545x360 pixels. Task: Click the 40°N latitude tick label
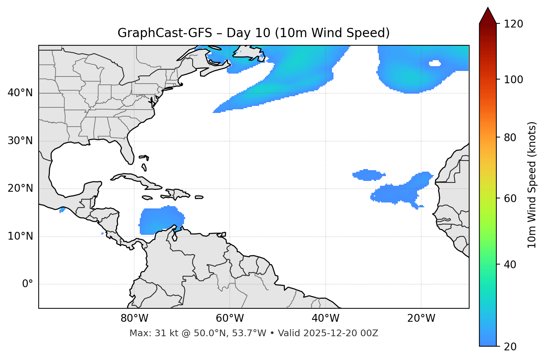coord(20,93)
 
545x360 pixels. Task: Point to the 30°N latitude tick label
coord(20,141)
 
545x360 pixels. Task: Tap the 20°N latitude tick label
coord(20,189)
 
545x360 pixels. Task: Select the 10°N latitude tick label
coord(20,236)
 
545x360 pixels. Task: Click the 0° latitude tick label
coord(28,284)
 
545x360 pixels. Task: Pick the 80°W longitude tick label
coord(134,318)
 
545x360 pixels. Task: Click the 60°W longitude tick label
coord(230,318)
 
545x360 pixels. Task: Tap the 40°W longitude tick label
coord(325,318)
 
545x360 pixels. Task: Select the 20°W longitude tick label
coord(421,318)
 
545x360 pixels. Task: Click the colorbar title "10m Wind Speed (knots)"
coord(532,185)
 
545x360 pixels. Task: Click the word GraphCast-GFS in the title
coord(165,33)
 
